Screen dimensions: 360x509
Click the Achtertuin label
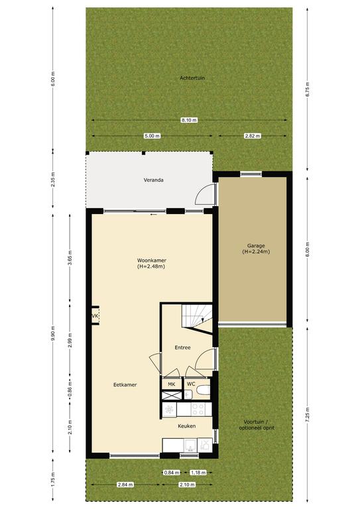[192, 78]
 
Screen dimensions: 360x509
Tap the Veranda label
[154, 180]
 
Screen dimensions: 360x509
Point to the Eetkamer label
[125, 384]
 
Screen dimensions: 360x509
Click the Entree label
[182, 347]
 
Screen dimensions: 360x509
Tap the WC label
[191, 384]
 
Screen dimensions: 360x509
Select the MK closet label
[172, 384]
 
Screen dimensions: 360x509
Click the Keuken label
[187, 426]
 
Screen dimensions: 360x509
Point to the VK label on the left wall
[94, 316]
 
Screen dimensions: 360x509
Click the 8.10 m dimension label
[189, 120]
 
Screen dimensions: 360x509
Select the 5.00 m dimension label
[152, 136]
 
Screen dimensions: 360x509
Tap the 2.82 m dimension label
[253, 136]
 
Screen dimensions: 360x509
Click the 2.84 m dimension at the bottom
[125, 484]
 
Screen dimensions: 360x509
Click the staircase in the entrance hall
[197, 316]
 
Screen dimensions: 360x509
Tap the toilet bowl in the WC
[204, 390]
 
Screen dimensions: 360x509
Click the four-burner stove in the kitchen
[198, 409]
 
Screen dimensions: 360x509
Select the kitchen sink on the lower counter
[190, 445]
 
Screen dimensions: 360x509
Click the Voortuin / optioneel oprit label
[257, 425]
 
